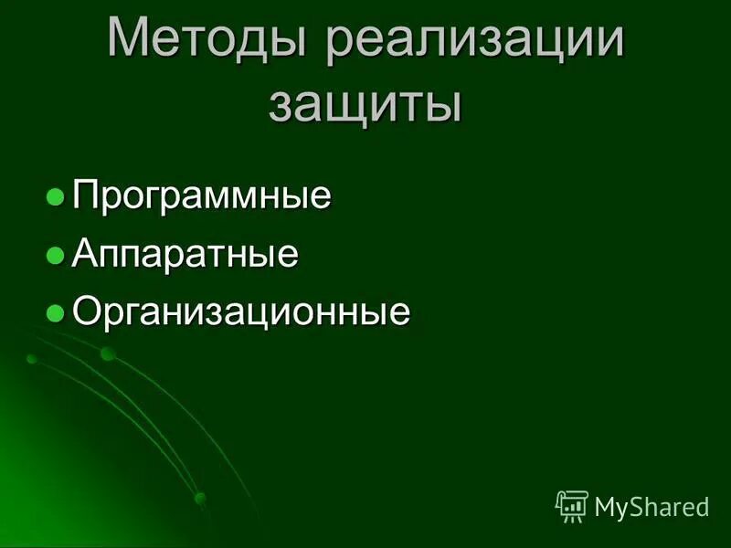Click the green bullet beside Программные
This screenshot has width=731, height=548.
tap(56, 195)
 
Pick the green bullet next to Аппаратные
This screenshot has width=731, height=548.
tap(56, 254)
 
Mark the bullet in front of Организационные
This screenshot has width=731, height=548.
tap(56, 312)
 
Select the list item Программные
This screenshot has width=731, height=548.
tap(201, 195)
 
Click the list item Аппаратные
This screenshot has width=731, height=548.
tap(185, 254)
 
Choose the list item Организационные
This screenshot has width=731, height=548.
tap(241, 312)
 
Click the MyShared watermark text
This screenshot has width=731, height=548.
tap(652, 506)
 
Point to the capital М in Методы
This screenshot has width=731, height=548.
tap(128, 41)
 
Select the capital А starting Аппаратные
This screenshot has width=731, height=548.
tap(84, 253)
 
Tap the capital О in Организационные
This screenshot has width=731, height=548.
tap(86, 311)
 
